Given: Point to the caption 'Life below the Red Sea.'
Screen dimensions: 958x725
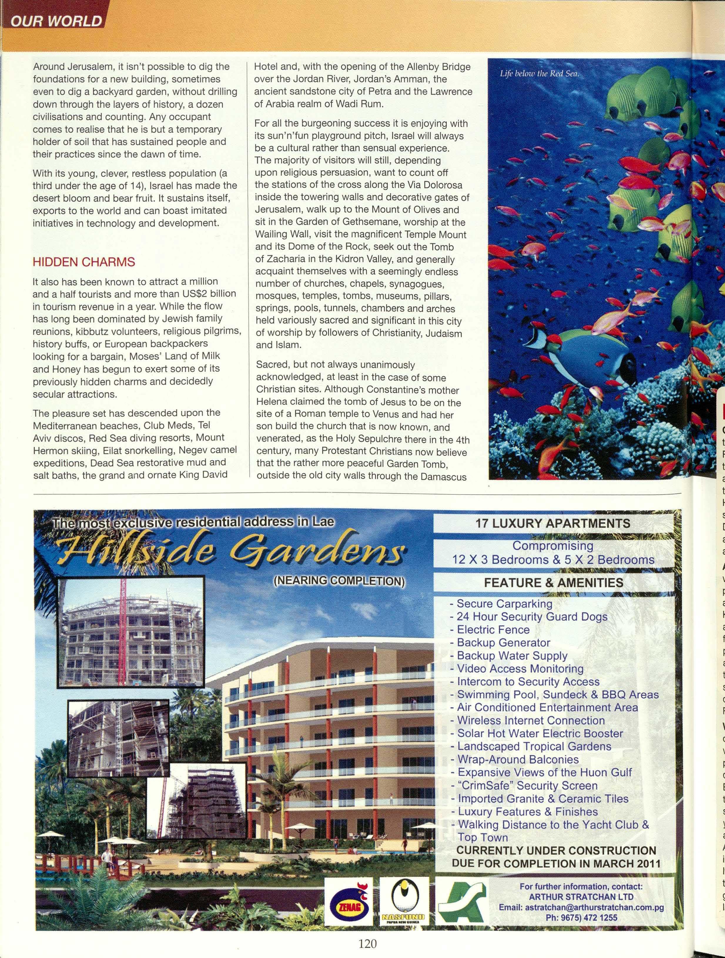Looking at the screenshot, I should [539, 74].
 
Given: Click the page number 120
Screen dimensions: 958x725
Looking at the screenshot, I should [368, 940].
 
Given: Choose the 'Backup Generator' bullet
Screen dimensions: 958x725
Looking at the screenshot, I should [503, 643].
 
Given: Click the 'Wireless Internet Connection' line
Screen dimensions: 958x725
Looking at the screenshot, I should [530, 721].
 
